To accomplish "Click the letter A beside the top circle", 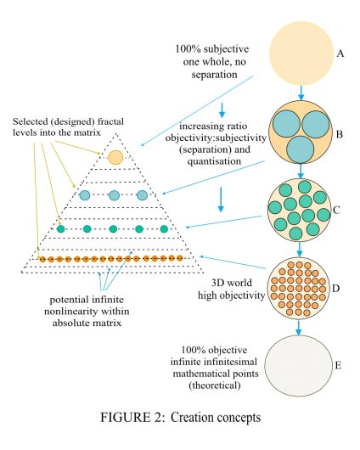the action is point(340,53).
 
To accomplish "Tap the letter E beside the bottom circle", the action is point(338,365).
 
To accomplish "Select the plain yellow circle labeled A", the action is point(301,53).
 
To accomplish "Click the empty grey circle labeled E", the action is point(298,366).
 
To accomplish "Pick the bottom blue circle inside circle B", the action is point(301,149).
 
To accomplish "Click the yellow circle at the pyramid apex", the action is point(115,157).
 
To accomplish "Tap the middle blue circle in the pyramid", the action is point(115,195).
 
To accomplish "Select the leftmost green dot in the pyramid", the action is point(61,229).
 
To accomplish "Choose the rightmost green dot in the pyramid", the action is point(164,229).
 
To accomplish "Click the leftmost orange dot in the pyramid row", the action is point(42,260).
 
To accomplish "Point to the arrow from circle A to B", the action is point(301,93).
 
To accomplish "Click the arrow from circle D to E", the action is point(299,328).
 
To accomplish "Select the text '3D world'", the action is point(232,283).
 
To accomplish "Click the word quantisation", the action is point(214,161).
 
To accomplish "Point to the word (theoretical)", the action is point(215,385).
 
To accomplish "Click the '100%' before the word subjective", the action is point(188,48).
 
